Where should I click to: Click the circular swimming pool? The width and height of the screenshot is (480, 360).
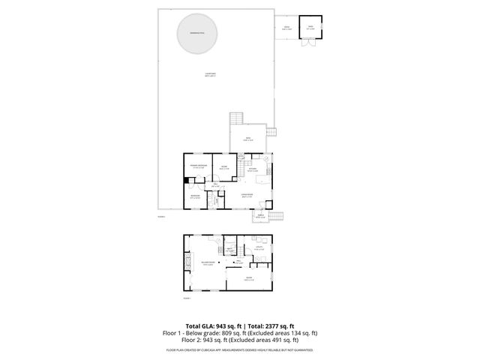coord(198,34)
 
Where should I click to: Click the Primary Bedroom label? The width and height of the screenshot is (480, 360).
coord(198,166)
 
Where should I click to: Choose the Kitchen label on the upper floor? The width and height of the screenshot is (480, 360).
coord(253,169)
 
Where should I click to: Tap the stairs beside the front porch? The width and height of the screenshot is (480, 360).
coord(278,217)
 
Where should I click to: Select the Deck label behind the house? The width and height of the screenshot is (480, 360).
coord(248,139)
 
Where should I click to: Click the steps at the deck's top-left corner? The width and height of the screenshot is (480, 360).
coord(237,118)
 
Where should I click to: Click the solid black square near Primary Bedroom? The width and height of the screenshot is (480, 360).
coord(187,180)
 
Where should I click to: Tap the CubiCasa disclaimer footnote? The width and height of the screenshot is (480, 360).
coord(239,349)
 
